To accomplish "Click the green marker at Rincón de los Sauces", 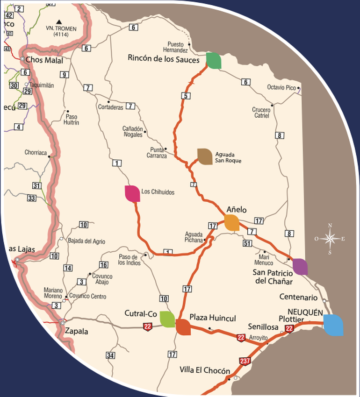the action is point(214,61).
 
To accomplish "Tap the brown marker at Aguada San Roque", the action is point(205,156).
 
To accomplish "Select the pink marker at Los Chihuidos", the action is point(132,193).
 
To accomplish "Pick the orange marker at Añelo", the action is point(232,222).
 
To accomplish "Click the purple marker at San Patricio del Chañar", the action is point(300,266).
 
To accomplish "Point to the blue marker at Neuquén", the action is point(333,325).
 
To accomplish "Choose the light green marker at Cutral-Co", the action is point(167,319).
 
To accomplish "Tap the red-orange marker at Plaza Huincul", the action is point(183,327).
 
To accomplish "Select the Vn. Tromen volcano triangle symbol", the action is point(59,21).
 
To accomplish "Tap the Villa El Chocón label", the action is point(205,371).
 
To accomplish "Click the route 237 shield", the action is point(244,361).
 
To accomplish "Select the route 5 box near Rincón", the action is point(186,97).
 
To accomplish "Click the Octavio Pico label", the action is point(281,87).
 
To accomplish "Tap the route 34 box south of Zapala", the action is point(110,355).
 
